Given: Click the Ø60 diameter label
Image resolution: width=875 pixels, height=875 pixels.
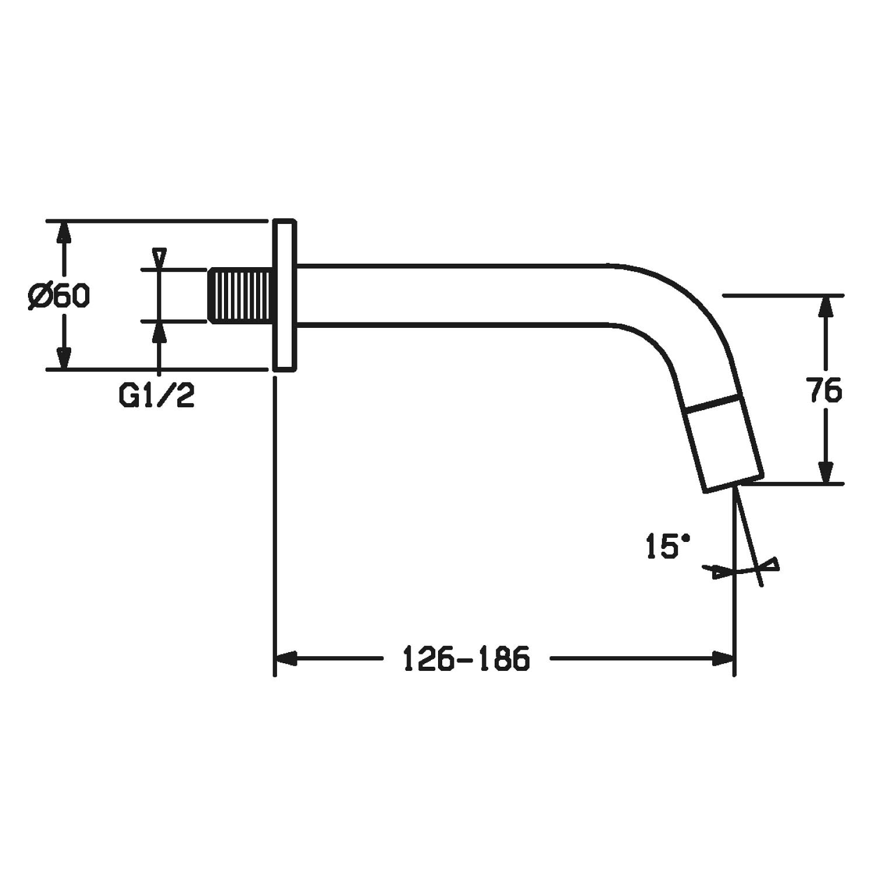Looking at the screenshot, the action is tap(58, 297).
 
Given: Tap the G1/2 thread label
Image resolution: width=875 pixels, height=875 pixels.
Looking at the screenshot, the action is tap(156, 396).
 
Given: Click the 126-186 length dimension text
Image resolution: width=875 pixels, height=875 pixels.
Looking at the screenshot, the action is tap(467, 659).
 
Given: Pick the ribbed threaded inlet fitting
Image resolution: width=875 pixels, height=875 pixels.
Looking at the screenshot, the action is tap(240, 295).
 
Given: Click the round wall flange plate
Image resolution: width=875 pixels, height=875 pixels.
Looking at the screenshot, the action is tap(284, 295).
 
